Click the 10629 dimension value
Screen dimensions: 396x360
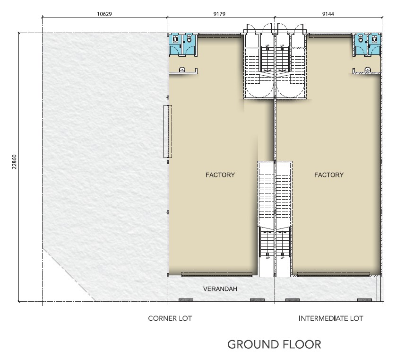click(x=104, y=14)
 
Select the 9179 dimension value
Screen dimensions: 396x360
click(x=219, y=14)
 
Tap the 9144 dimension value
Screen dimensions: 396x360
click(x=328, y=14)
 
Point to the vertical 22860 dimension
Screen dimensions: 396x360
click(x=14, y=161)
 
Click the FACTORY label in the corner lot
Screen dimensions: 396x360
click(x=220, y=175)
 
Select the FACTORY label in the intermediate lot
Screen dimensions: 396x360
click(x=329, y=175)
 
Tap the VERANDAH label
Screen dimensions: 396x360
click(x=220, y=289)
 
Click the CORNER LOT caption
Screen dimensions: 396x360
click(x=170, y=318)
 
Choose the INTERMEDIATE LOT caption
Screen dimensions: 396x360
click(x=331, y=318)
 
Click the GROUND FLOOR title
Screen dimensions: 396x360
click(x=274, y=344)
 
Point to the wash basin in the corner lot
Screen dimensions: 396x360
click(x=182, y=70)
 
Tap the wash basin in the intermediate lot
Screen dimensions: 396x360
click(x=368, y=70)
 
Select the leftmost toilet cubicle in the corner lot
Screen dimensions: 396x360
click(x=175, y=45)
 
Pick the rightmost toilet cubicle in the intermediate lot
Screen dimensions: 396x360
click(x=374, y=45)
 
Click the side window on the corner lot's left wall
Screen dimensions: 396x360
click(x=168, y=132)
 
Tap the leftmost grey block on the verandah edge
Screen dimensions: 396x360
click(x=186, y=300)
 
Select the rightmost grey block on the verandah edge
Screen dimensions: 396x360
click(x=364, y=300)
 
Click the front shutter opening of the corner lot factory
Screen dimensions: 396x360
click(x=217, y=273)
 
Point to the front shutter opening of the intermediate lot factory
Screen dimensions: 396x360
click(x=333, y=273)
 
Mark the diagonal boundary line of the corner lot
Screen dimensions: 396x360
click(x=69, y=274)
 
